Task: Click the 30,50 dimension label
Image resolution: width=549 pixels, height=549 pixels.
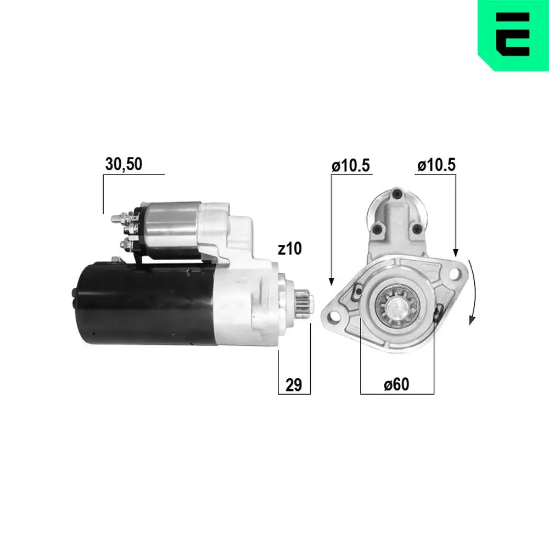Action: pyautogui.click(x=124, y=165)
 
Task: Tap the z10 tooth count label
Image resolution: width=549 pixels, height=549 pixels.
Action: pyautogui.click(x=289, y=249)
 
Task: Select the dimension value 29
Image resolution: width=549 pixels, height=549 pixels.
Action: pyautogui.click(x=294, y=385)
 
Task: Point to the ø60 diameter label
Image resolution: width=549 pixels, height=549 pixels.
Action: pyautogui.click(x=396, y=385)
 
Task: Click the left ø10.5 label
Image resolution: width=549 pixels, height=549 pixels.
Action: pyautogui.click(x=351, y=165)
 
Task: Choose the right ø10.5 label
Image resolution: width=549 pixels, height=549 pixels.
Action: pyautogui.click(x=436, y=165)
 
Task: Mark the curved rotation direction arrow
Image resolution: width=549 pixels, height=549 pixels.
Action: pyautogui.click(x=473, y=294)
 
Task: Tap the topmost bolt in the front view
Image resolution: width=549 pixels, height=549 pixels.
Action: pyautogui.click(x=396, y=193)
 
